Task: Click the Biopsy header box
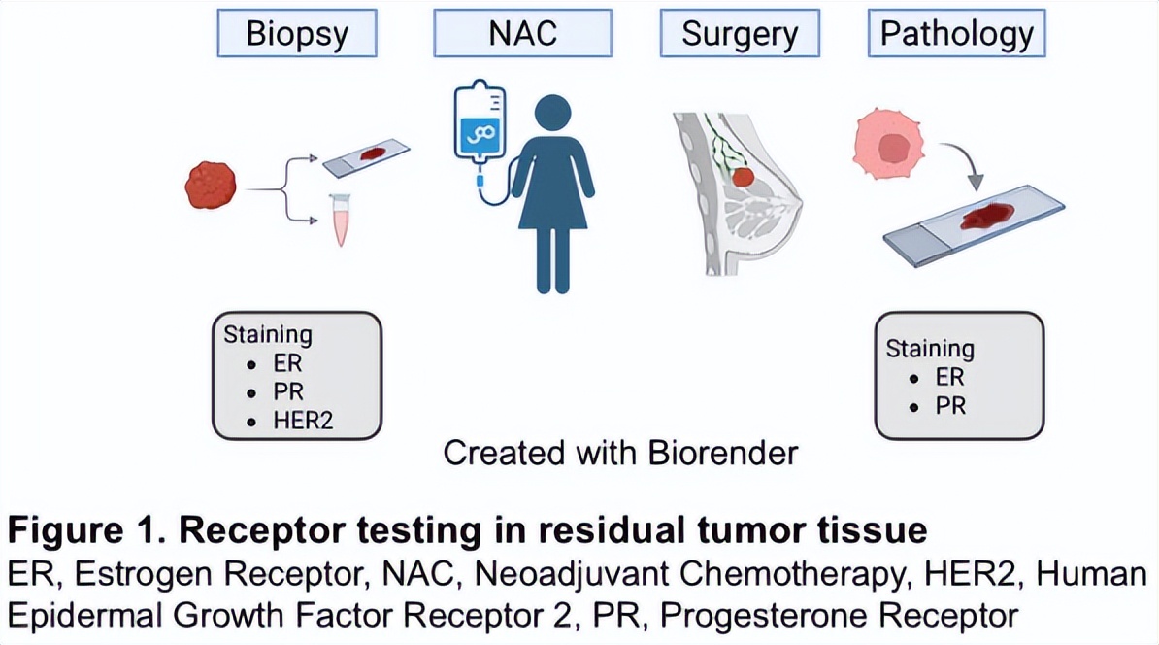(297, 34)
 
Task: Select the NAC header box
(522, 34)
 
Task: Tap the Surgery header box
(740, 34)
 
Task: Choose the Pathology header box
(956, 34)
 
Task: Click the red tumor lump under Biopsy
(212, 186)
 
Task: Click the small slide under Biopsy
(365, 157)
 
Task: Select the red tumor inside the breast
(744, 178)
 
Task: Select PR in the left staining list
(287, 393)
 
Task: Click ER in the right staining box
(950, 377)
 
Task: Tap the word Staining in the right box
(929, 348)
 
